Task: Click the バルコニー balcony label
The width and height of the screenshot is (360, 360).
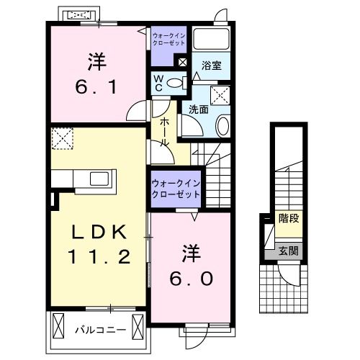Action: (101, 330)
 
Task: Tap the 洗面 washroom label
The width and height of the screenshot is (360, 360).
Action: (199, 109)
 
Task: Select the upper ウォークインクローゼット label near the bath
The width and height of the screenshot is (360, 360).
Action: (168, 38)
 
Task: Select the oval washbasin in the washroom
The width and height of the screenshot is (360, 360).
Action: (222, 127)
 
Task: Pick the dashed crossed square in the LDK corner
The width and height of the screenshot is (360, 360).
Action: (63, 138)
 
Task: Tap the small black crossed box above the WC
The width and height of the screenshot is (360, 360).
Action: (181, 63)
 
